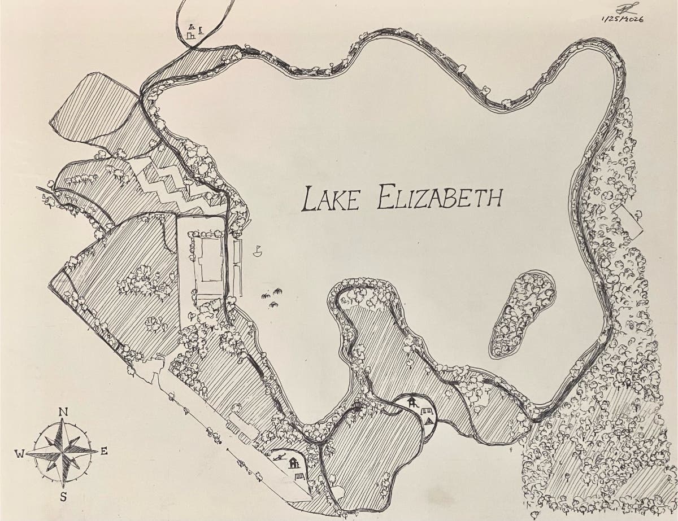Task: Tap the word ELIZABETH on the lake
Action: coord(440,198)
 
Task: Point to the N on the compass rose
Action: coord(64,412)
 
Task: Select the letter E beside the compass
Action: coord(104,451)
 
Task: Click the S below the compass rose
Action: coord(64,497)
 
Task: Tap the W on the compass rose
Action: coord(20,453)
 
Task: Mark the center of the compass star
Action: coord(63,452)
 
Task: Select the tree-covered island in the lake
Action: coord(523,313)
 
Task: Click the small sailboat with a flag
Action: coord(258,251)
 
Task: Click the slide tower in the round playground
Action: coord(414,402)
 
